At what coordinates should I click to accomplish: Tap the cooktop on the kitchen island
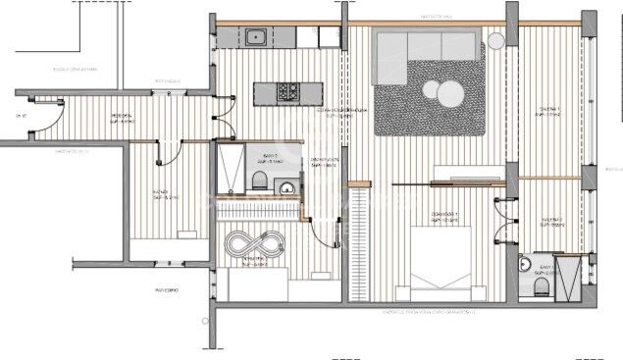[288, 93]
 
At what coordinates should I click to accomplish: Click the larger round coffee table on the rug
[435, 90]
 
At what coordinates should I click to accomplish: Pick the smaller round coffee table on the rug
[452, 97]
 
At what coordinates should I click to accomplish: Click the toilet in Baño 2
[258, 179]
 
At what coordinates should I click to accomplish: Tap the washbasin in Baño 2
[285, 187]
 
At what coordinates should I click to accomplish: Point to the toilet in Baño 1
[541, 283]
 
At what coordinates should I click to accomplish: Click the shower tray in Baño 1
[569, 276]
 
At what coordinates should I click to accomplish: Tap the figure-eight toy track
[254, 242]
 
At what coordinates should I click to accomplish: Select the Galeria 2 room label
[550, 223]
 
